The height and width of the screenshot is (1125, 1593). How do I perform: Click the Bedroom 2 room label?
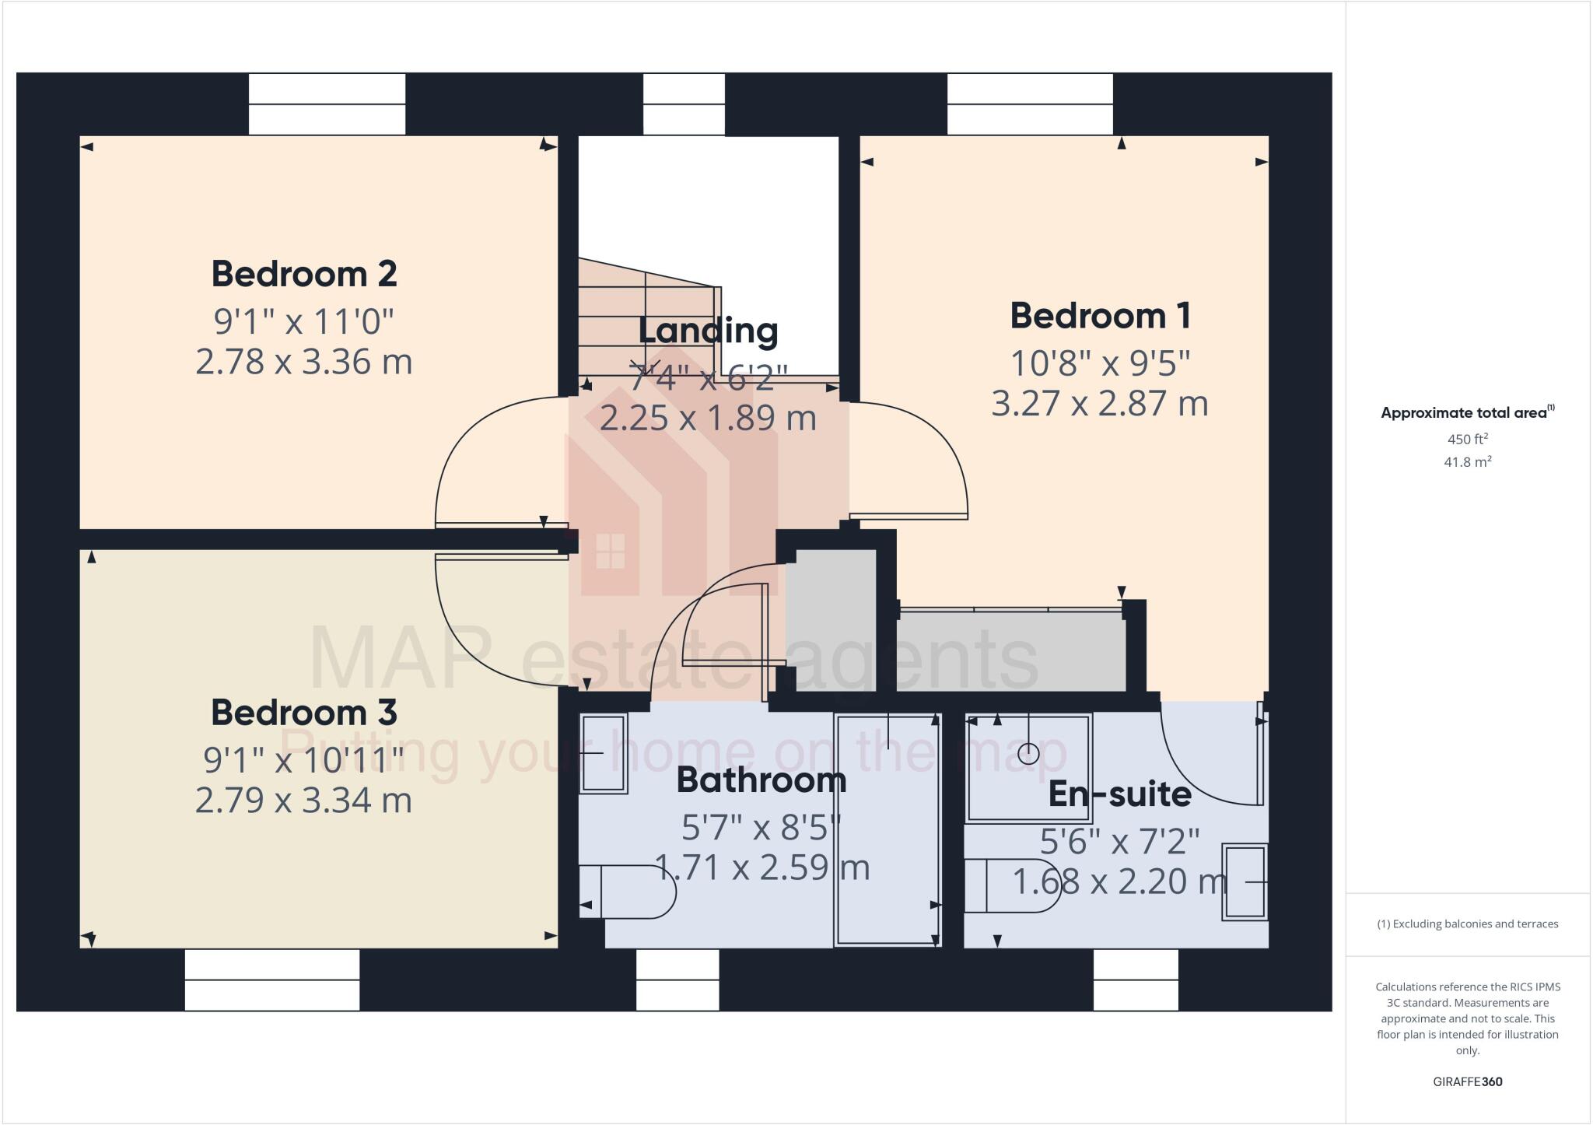[304, 274]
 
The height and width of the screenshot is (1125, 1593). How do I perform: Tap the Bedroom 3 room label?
[304, 713]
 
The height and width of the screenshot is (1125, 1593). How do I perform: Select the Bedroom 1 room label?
[1100, 316]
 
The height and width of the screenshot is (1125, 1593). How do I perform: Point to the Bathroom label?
[761, 780]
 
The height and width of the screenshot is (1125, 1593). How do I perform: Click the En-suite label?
[1119, 794]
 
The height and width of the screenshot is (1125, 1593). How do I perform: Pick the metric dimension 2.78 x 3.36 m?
[304, 363]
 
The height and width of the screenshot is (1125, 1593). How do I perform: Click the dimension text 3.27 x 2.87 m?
[1100, 404]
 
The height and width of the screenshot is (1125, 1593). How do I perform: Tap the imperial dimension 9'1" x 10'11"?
[304, 760]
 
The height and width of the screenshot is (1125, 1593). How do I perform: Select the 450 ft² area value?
[1467, 439]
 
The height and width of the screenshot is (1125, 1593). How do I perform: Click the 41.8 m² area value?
[1467, 462]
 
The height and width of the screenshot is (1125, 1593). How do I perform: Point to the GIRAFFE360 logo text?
[1467, 1081]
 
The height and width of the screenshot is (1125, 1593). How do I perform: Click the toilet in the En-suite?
[1012, 885]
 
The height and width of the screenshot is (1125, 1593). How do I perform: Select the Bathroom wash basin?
[604, 753]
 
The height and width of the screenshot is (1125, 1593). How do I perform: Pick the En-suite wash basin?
[1245, 881]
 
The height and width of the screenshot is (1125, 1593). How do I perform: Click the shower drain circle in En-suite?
[1028, 753]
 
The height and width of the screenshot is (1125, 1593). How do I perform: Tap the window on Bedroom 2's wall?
[327, 104]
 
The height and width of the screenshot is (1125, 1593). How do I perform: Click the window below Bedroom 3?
[272, 980]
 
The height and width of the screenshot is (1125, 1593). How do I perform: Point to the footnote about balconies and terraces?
[1467, 924]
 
